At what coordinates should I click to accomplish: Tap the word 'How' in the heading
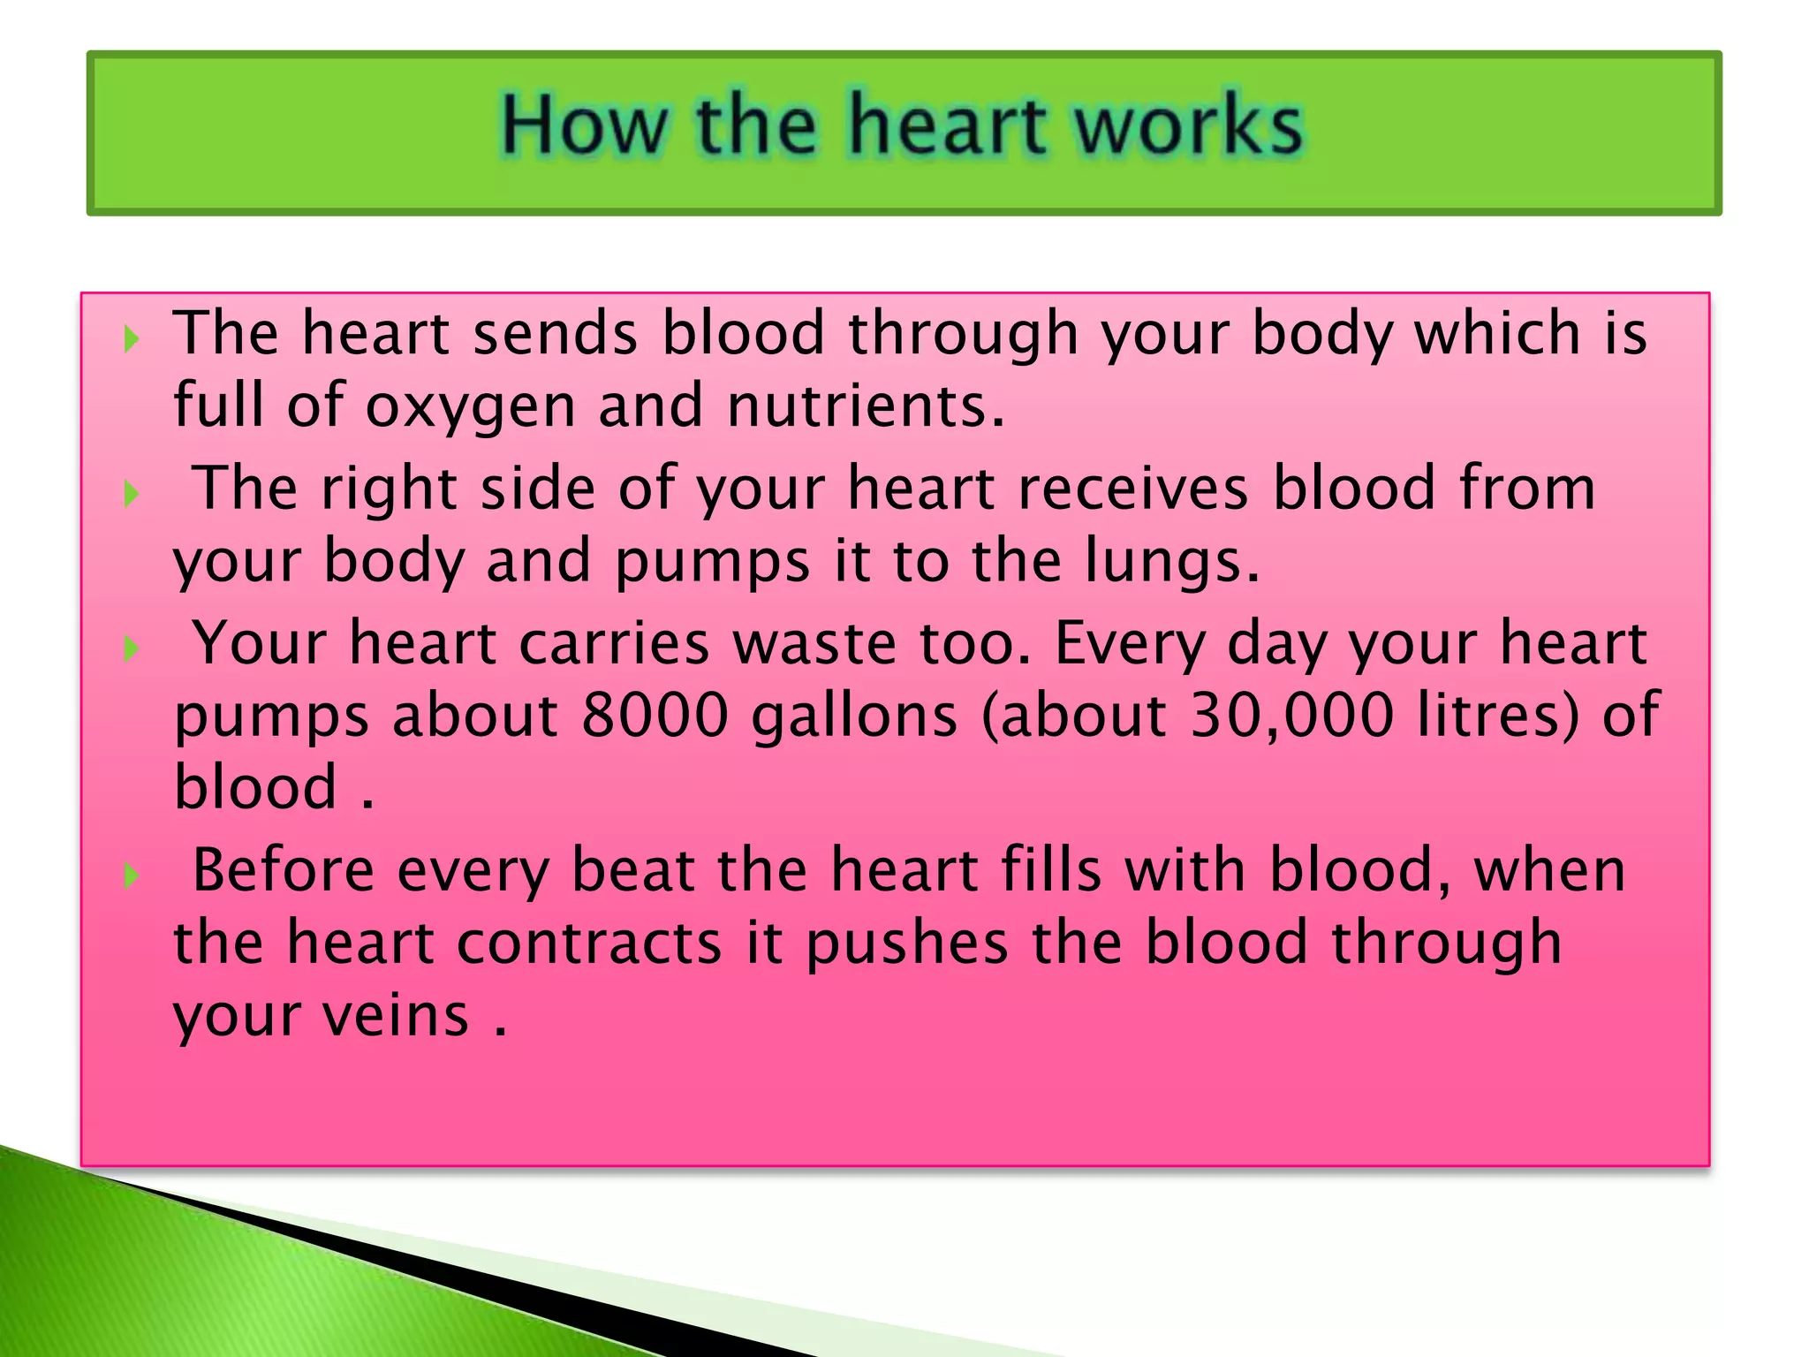coord(584,125)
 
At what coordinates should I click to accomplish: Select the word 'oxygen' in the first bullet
coord(471,407)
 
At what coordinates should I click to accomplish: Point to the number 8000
coord(655,715)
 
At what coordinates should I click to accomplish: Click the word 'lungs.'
coord(1172,563)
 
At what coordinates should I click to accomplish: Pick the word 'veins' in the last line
coord(396,1016)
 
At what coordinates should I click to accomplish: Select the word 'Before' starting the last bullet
coord(284,870)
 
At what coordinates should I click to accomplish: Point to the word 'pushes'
coord(907,943)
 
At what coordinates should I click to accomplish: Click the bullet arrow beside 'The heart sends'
coord(132,338)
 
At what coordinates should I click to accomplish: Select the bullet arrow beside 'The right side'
coord(132,494)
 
